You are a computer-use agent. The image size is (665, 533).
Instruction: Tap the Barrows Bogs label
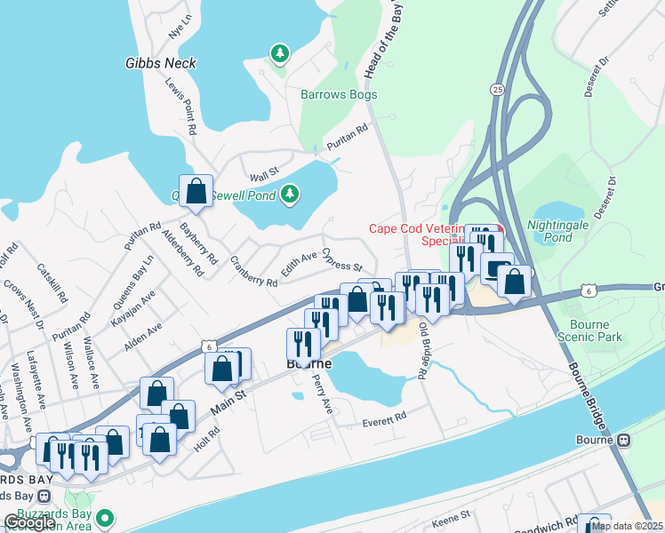[x=338, y=94]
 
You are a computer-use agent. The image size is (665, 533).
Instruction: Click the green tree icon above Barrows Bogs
[x=280, y=54]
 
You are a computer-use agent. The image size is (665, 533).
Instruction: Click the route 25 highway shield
[x=497, y=90]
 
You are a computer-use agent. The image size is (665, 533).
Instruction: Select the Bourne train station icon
[x=624, y=440]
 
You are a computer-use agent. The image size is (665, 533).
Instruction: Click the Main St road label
[x=228, y=400]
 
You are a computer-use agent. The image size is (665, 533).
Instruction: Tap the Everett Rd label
[x=383, y=418]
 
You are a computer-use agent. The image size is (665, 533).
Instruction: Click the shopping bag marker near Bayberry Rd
[x=196, y=189]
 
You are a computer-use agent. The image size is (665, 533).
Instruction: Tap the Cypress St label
[x=343, y=260]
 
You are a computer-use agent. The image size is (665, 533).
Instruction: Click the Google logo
[x=29, y=522]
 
